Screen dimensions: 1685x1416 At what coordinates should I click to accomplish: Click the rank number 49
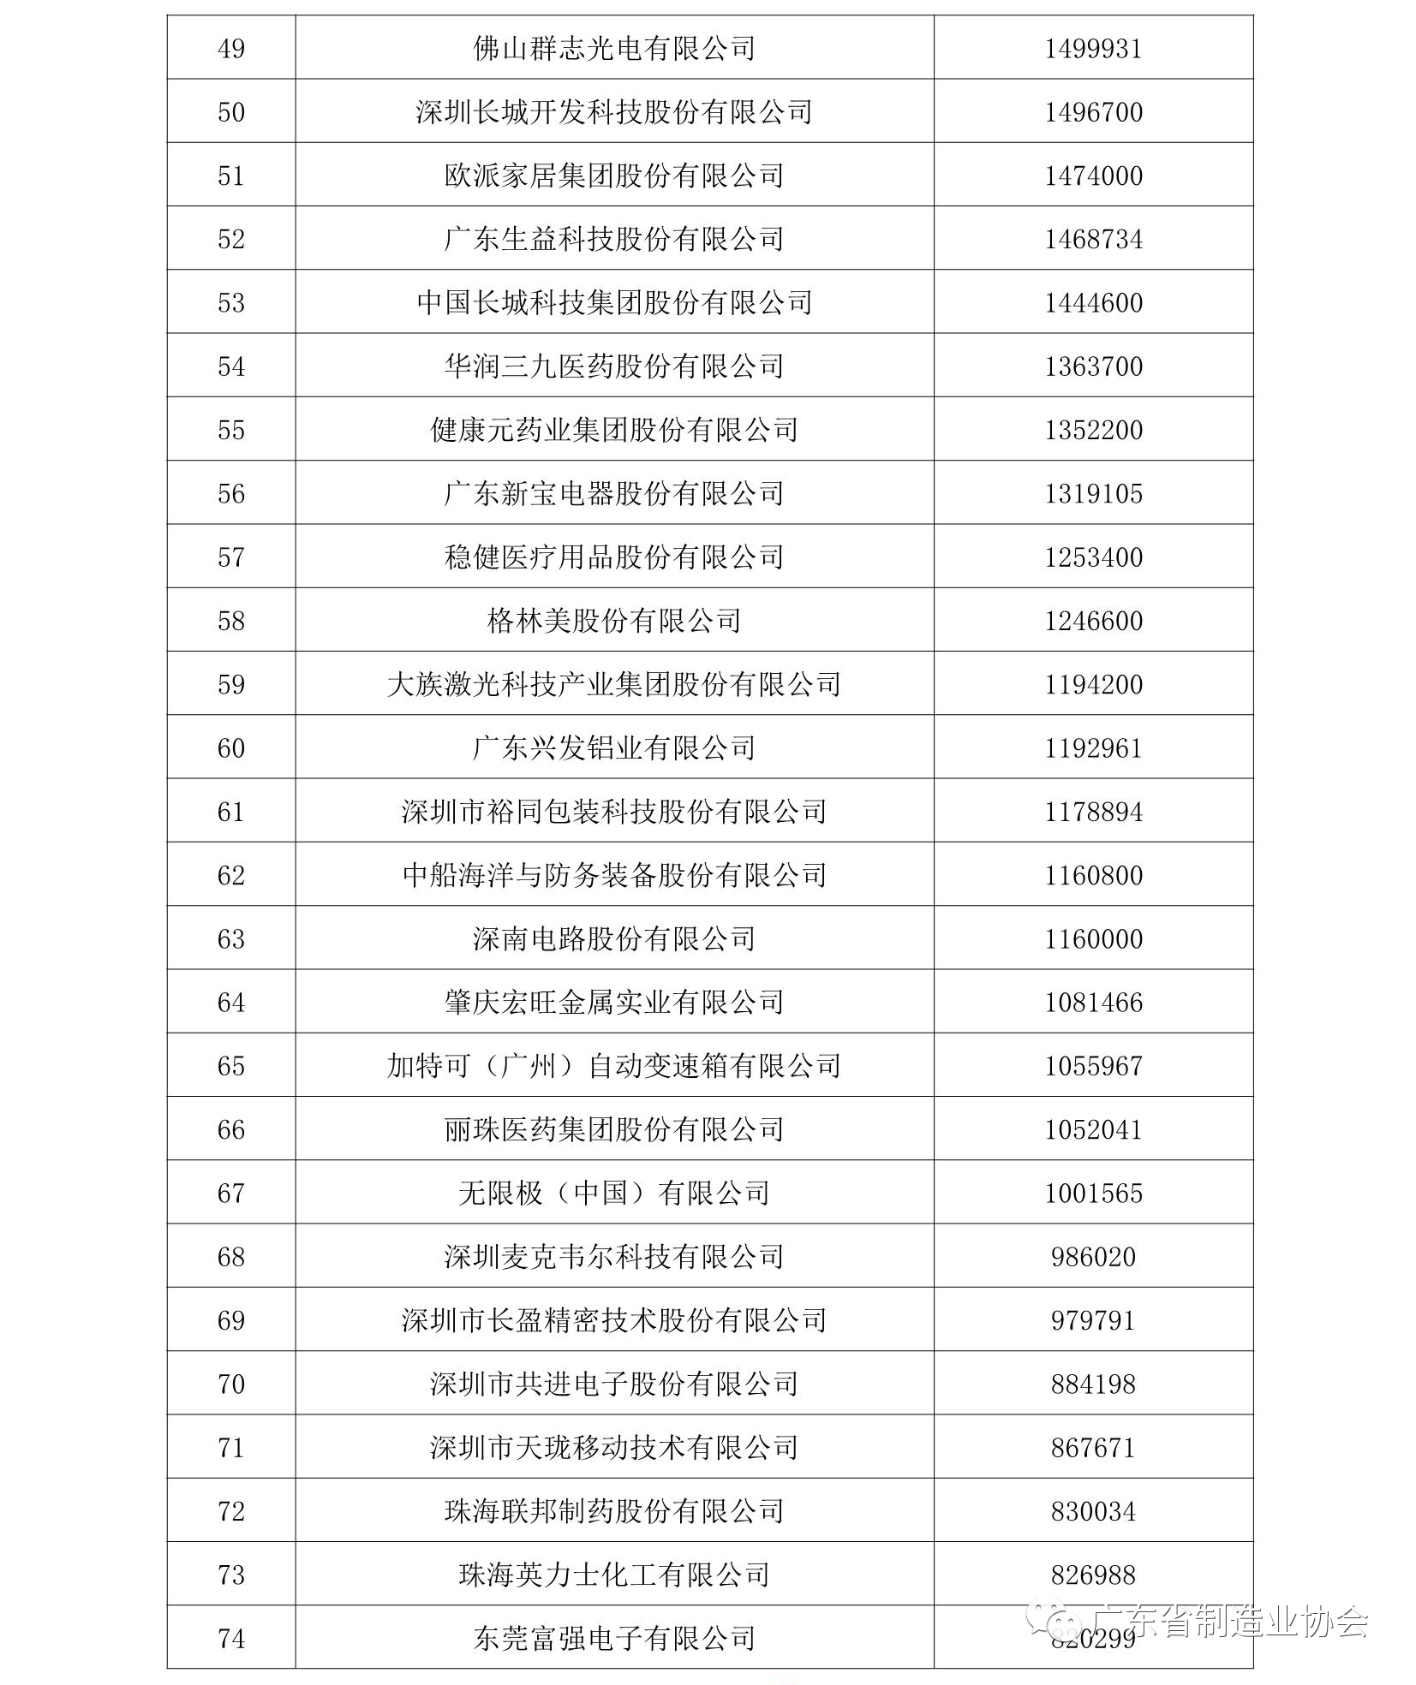tap(231, 49)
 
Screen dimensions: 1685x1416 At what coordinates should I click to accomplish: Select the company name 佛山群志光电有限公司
tap(614, 49)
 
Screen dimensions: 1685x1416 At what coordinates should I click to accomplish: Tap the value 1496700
tap(1093, 112)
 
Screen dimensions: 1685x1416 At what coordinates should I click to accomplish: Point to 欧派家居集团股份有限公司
tap(614, 176)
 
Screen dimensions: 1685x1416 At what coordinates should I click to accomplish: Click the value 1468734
tap(1093, 239)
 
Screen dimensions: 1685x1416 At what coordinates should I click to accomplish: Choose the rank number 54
tap(231, 366)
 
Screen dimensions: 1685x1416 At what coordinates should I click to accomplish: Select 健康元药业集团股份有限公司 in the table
tap(614, 430)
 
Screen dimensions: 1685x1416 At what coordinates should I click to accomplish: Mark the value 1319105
tap(1093, 493)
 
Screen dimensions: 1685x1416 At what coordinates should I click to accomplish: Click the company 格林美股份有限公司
tap(614, 621)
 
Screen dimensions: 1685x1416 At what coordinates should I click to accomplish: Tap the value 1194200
tap(1093, 684)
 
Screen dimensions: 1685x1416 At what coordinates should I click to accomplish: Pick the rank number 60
tap(231, 748)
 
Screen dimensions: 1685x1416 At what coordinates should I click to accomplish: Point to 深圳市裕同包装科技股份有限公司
tap(614, 812)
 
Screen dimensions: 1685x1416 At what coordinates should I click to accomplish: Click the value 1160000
tap(1093, 939)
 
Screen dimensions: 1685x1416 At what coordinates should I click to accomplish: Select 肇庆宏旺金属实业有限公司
tap(614, 1003)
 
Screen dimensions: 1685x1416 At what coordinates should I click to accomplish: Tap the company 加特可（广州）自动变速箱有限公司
tap(614, 1066)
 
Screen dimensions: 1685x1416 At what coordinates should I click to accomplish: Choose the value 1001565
tap(1093, 1194)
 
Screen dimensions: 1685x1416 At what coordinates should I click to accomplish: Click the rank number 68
tap(231, 1257)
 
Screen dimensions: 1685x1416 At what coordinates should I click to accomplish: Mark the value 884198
tap(1093, 1384)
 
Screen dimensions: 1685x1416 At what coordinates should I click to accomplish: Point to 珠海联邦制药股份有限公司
tap(614, 1511)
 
